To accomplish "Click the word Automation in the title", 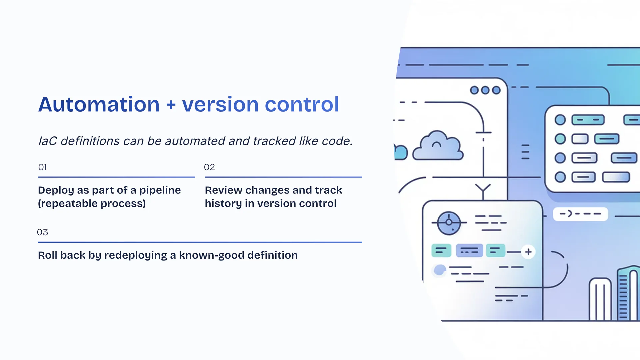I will click(x=99, y=105).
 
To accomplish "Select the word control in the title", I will click(x=302, y=105).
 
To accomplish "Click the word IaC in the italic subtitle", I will click(x=48, y=141).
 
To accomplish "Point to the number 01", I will click(x=43, y=167).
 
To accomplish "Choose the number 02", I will click(x=209, y=167).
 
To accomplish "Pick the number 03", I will click(x=42, y=232).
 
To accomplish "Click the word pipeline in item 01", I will click(x=160, y=190).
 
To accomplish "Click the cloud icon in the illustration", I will click(x=438, y=146).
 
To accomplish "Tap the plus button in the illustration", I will click(x=528, y=252).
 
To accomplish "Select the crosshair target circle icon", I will click(x=449, y=223).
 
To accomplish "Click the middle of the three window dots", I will click(x=485, y=90).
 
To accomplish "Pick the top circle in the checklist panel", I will click(x=560, y=120).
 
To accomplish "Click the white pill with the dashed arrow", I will click(x=580, y=214).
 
